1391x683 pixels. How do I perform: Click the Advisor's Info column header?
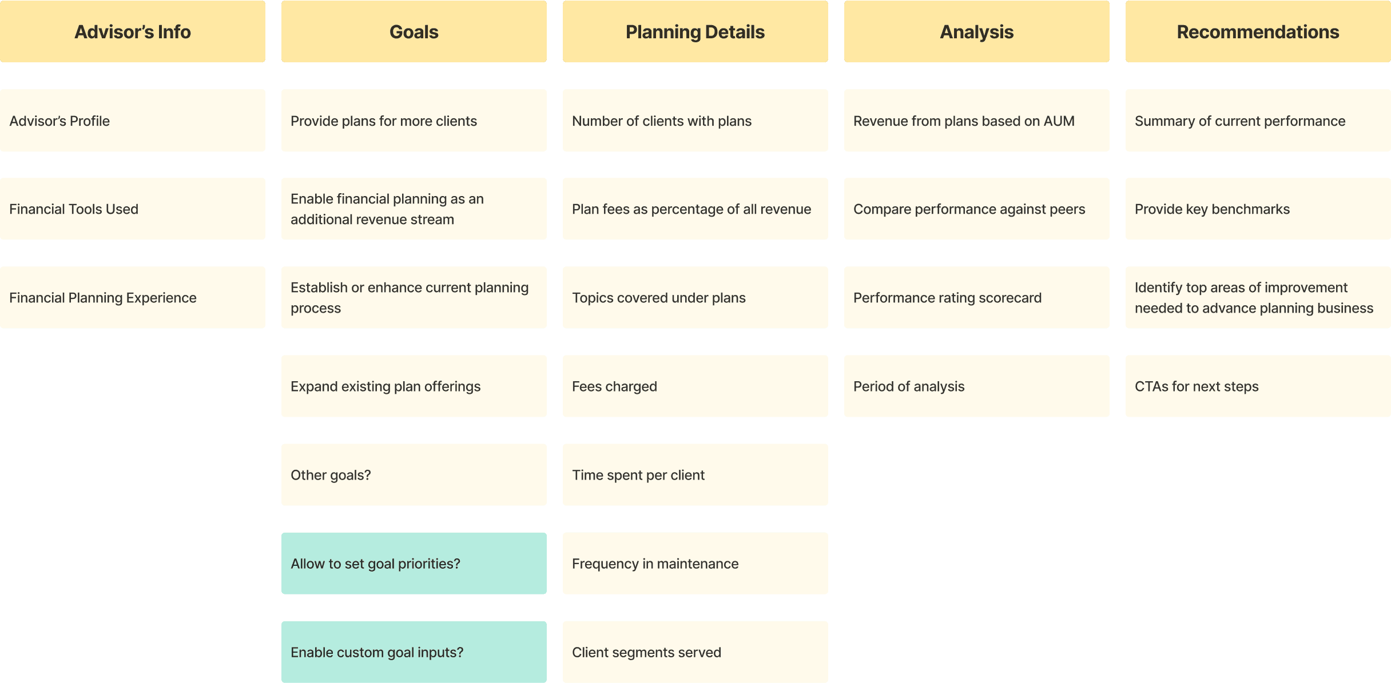[x=133, y=31]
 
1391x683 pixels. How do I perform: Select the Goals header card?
[x=414, y=31]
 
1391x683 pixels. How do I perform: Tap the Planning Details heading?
[x=695, y=31]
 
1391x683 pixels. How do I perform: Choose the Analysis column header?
[x=976, y=31]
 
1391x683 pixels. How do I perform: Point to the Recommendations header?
[x=1258, y=31]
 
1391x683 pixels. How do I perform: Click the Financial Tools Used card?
[x=133, y=209]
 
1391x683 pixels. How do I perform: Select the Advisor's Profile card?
[x=133, y=121]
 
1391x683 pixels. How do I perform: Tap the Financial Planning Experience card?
[x=133, y=298]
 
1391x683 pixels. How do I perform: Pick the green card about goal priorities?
[x=414, y=564]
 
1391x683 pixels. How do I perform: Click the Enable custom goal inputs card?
[x=414, y=652]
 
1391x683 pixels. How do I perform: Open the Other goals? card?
[x=414, y=475]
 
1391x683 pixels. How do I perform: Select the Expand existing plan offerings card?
[x=414, y=386]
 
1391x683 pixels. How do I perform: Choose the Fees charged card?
[x=695, y=386]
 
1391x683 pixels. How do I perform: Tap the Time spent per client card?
[x=695, y=475]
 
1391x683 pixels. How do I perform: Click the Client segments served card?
[x=695, y=652]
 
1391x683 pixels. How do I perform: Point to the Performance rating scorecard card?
[x=976, y=298]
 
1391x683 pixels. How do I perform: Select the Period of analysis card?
[x=976, y=386]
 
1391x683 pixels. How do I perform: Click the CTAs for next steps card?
[x=1258, y=386]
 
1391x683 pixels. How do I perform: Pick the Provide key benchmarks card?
[x=1258, y=209]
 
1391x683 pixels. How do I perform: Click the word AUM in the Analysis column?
[x=1059, y=121]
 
